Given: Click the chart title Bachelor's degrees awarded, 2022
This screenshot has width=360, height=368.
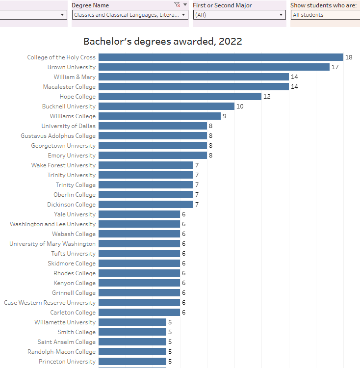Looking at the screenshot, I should [x=162, y=42].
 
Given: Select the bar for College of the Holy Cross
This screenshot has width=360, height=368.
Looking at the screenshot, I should [x=221, y=57].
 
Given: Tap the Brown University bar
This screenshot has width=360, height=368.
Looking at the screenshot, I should [x=214, y=67].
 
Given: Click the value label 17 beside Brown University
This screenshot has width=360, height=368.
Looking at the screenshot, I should [x=335, y=67].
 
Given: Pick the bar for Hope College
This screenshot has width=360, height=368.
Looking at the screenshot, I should [x=180, y=97].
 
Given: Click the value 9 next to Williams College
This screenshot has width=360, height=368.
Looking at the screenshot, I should [x=224, y=116].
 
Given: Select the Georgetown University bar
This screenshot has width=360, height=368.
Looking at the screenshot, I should [x=153, y=146].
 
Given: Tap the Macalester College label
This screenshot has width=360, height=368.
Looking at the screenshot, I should [x=69, y=87].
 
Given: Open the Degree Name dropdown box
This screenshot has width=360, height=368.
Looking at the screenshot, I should [x=129, y=15].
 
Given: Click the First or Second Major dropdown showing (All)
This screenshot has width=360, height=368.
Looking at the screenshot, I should [x=239, y=15].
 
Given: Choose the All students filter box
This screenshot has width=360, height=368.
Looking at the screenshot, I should [x=325, y=15].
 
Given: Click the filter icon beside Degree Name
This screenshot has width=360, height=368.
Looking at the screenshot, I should [x=177, y=4].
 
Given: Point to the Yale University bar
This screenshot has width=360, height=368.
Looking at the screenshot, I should [x=139, y=214].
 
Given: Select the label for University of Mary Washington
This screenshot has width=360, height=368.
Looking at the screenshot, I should [x=52, y=244].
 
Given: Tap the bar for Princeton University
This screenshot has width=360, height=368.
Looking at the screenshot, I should [x=132, y=362].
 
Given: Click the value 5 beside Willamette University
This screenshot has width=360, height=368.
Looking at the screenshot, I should [x=170, y=322].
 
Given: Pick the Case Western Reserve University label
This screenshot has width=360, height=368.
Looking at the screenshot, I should [x=50, y=303].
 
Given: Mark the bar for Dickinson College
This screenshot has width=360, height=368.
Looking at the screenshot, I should [x=146, y=205].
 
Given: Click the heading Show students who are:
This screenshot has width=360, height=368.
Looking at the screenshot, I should [x=323, y=5].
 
